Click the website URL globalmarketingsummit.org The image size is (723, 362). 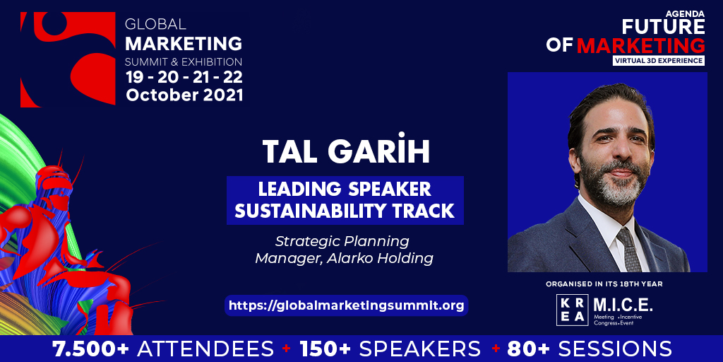(x=347, y=305)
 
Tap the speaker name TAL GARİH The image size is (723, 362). (x=345, y=152)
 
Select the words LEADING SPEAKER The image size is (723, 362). (x=345, y=190)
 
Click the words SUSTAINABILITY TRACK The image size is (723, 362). (x=345, y=211)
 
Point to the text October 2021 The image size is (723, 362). (x=184, y=95)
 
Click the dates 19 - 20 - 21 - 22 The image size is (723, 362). (x=184, y=77)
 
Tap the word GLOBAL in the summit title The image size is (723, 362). (x=155, y=23)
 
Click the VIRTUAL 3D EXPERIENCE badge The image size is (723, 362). (x=659, y=61)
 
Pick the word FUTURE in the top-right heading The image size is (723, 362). (x=664, y=27)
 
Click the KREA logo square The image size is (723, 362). (x=571, y=310)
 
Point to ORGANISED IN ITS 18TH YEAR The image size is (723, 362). (x=607, y=284)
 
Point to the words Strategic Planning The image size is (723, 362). (x=342, y=241)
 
